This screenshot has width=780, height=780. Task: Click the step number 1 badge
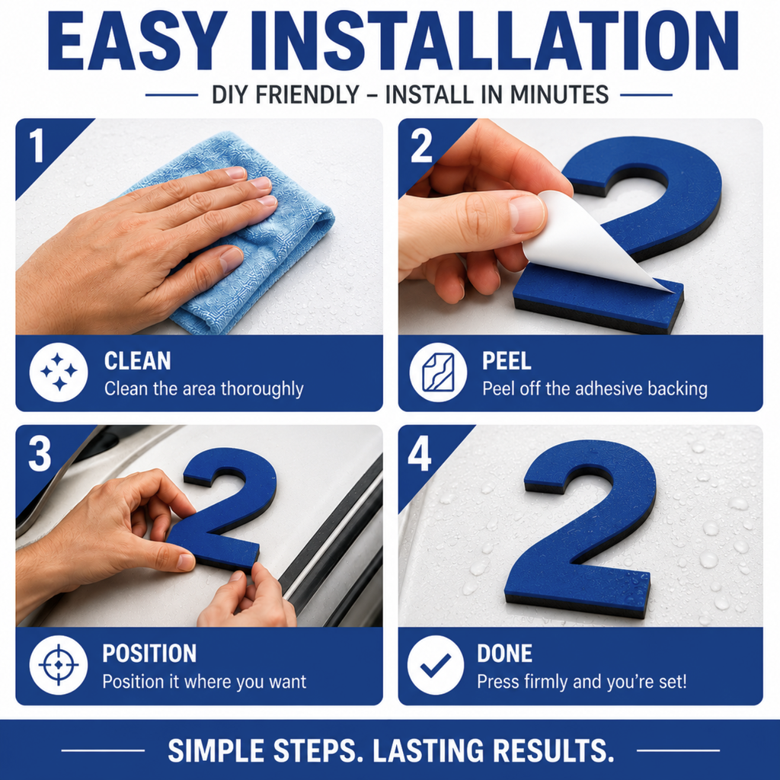click(37, 145)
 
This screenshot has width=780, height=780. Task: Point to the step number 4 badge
click(420, 455)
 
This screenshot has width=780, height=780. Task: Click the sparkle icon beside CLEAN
click(59, 372)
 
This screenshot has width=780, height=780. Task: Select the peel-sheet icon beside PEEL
click(438, 372)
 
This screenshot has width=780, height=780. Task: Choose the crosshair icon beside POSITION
click(59, 664)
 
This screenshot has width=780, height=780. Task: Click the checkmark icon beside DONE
click(436, 664)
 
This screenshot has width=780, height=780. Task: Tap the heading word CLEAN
click(137, 361)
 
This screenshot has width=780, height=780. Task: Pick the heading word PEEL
click(507, 361)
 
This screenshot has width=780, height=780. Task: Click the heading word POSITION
click(149, 654)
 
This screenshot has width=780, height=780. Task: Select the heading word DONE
click(504, 654)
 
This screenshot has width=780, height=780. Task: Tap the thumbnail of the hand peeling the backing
click(580, 226)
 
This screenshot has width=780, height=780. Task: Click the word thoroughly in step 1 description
click(262, 389)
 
